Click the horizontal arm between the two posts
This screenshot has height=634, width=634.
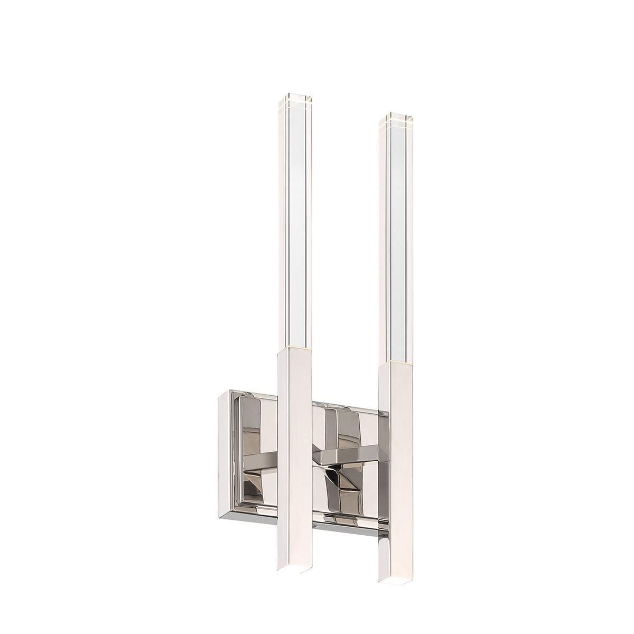pos(343,453)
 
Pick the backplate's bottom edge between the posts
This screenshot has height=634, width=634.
pos(343,528)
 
